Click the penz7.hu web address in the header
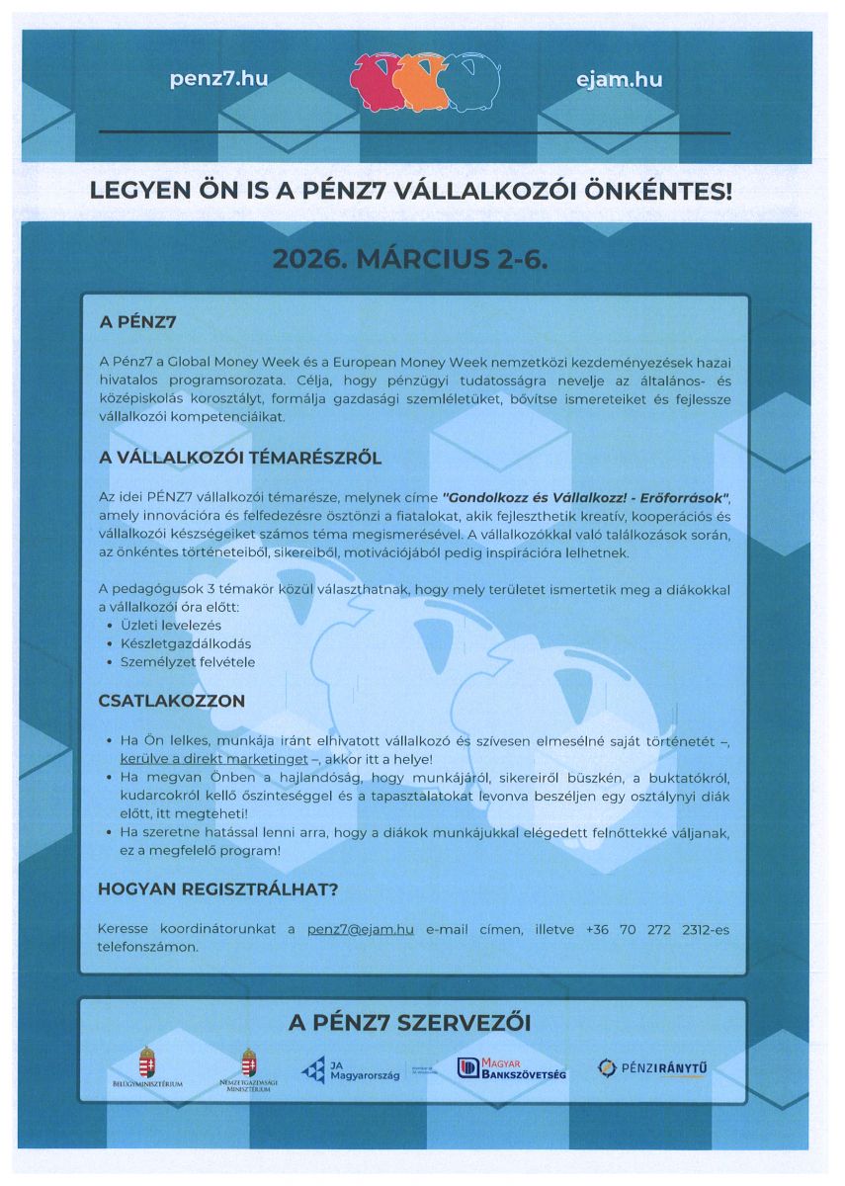(x=218, y=80)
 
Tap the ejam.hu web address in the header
(x=619, y=80)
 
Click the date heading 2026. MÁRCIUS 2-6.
(x=409, y=260)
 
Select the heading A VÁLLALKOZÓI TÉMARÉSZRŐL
(x=239, y=459)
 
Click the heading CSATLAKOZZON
(x=171, y=701)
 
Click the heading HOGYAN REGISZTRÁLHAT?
(x=217, y=889)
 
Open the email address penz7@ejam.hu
(x=360, y=930)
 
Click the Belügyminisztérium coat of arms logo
(x=147, y=1067)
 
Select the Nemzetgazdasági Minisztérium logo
(x=249, y=1070)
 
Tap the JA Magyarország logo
(x=350, y=1070)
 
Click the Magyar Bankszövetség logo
(x=511, y=1068)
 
